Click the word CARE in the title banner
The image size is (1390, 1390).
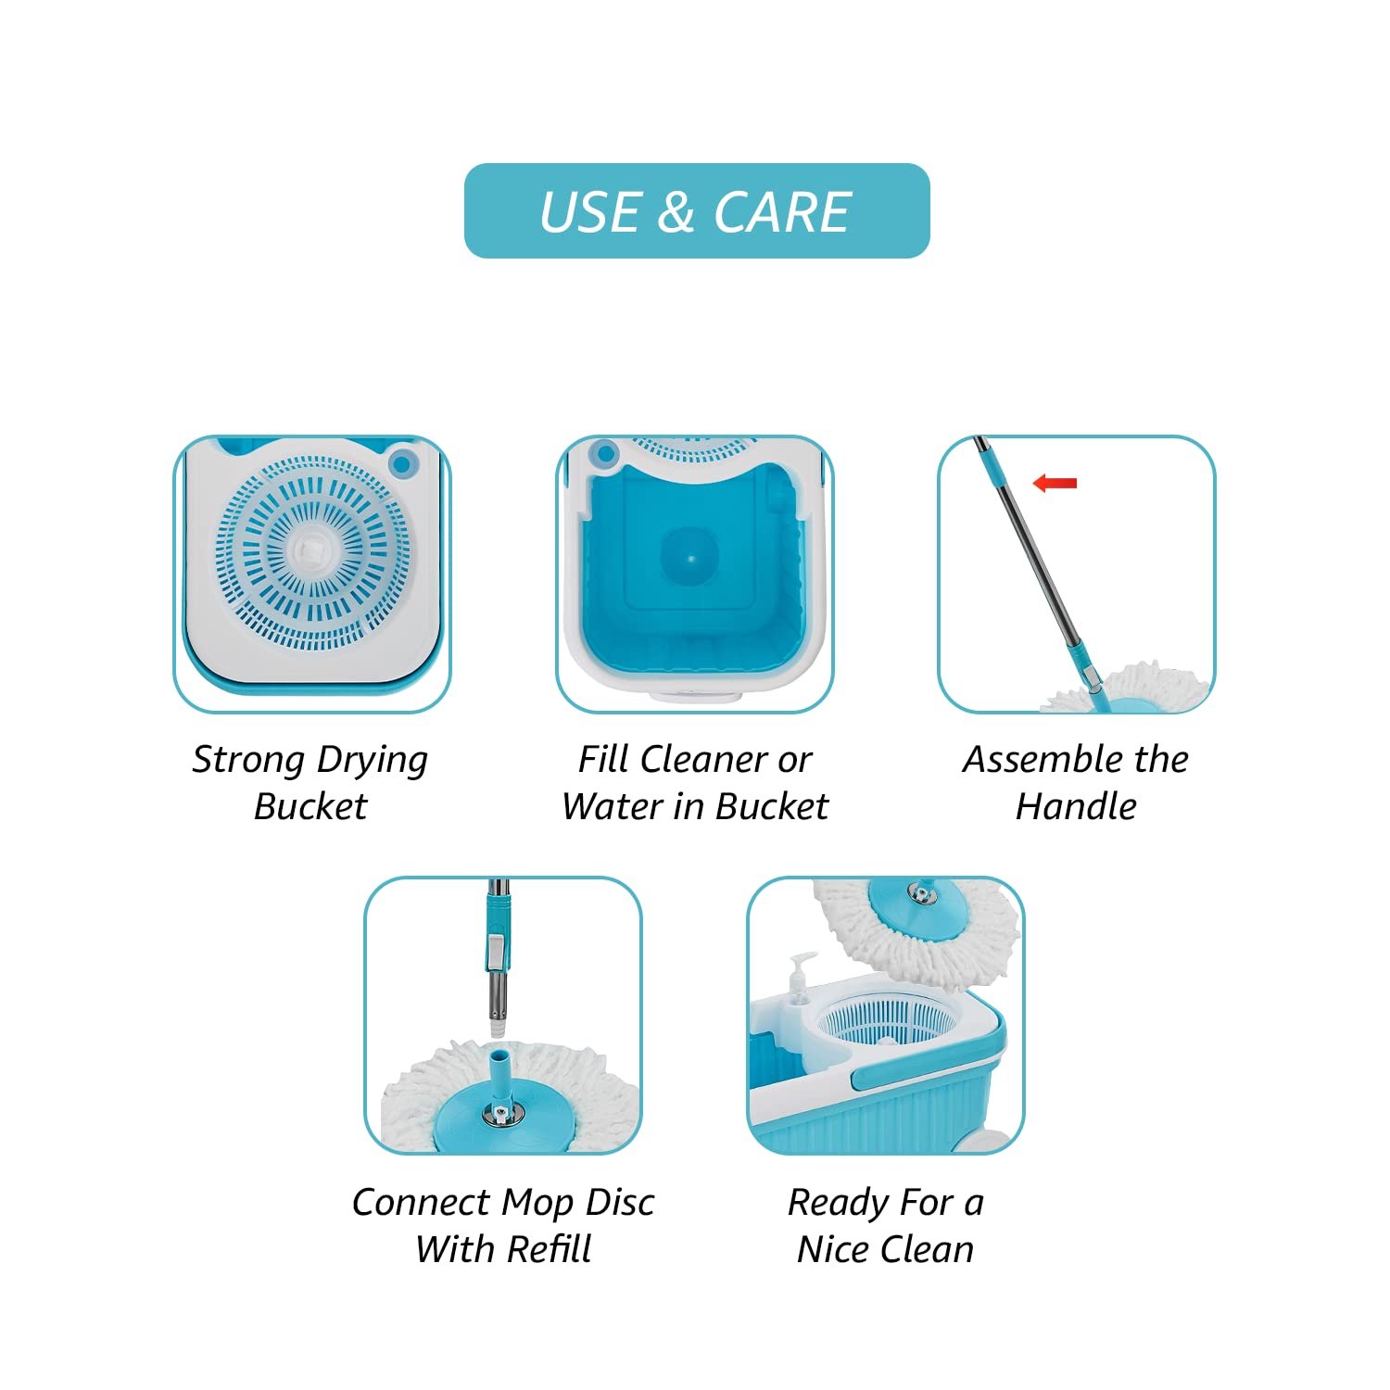point(782,212)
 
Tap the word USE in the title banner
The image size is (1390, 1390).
point(590,212)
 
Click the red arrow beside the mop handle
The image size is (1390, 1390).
point(1055,483)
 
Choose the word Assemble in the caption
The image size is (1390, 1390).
point(1042,759)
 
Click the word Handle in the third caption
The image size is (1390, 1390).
point(1076,806)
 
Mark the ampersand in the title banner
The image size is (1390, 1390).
point(676,212)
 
